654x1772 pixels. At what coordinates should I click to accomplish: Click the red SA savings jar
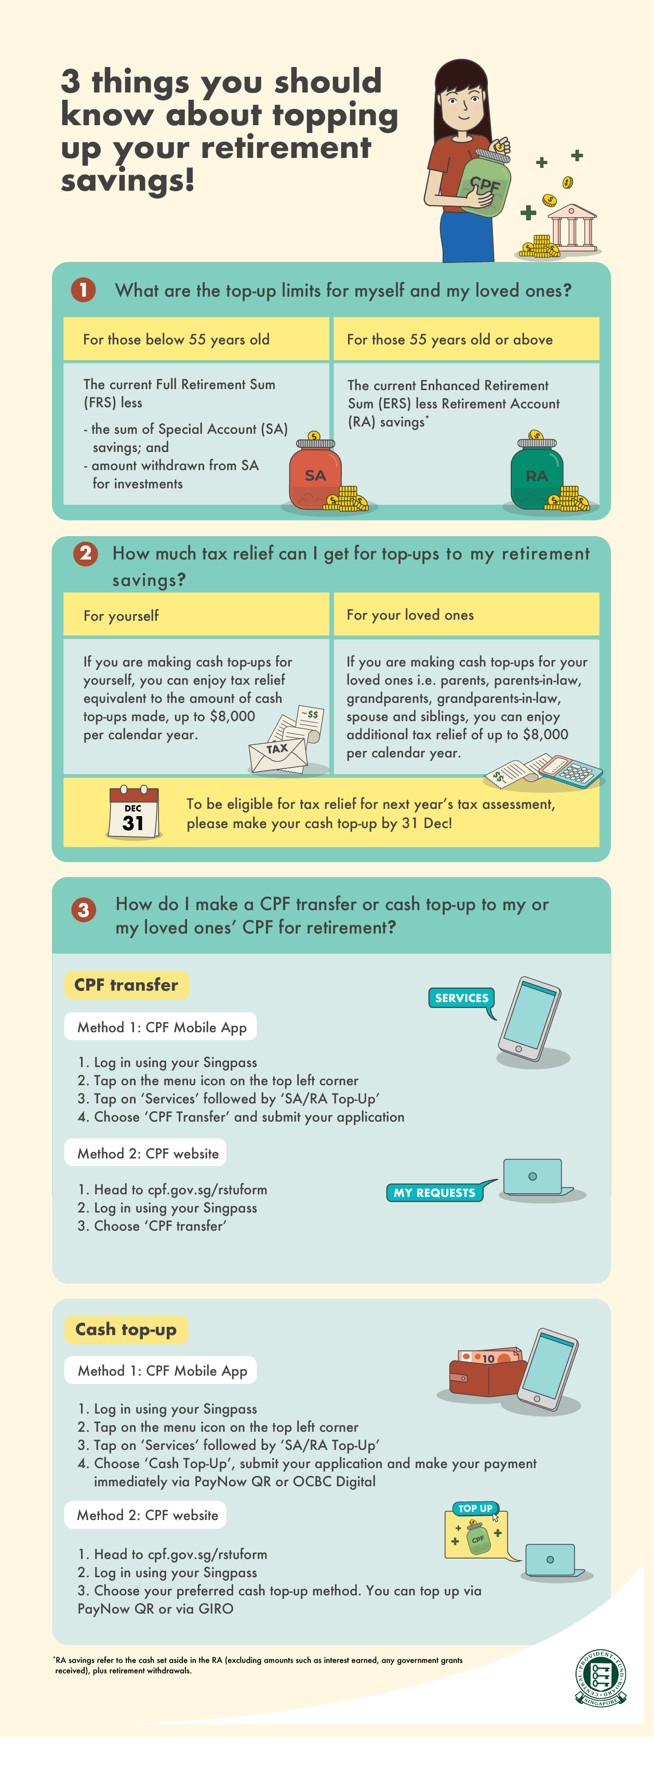[315, 475]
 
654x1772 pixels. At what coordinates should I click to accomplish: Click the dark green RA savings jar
[537, 475]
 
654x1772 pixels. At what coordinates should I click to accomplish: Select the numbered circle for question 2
[86, 554]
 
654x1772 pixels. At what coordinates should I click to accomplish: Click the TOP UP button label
[475, 1509]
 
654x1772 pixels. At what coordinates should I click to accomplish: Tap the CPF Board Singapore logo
[600, 1678]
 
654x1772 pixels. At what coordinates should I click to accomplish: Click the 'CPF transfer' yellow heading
[127, 984]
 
